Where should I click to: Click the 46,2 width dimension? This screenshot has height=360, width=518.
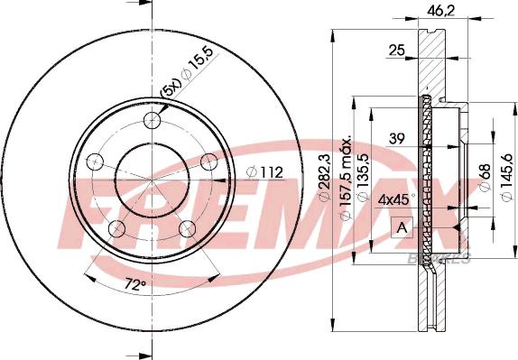pos(441,11)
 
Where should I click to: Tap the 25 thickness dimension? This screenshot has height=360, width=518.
pos(396,51)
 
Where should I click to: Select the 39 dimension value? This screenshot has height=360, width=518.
pos(396,139)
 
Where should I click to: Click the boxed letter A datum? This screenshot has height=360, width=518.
pos(402,227)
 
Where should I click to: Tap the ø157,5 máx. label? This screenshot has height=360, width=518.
pos(346,179)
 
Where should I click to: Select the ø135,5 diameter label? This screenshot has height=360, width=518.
pos(363,177)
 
